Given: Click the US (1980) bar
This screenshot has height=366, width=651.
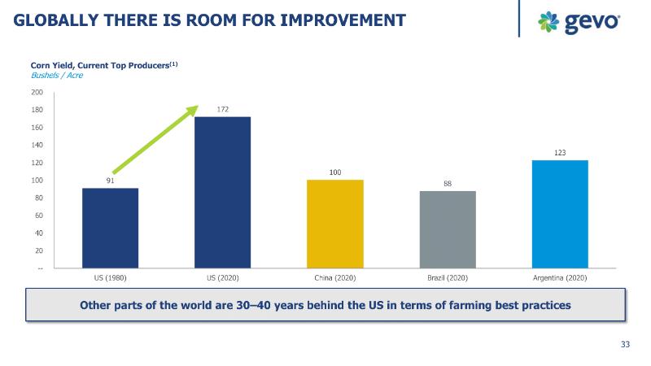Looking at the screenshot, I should click(110, 228).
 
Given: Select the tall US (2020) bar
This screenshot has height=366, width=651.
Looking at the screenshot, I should click(222, 192).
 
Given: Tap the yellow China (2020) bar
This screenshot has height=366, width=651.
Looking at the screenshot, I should click(334, 224).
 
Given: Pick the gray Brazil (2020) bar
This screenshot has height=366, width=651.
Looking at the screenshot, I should click(448, 229).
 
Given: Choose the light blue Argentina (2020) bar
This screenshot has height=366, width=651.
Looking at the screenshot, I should click(560, 214).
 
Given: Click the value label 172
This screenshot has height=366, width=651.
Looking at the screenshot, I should click(222, 109).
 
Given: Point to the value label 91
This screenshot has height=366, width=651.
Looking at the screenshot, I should click(110, 181).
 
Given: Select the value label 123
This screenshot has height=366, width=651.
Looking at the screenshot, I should click(560, 153).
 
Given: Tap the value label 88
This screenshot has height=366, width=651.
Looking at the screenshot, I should click(448, 184).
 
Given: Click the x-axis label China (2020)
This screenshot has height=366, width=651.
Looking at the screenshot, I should click(334, 278).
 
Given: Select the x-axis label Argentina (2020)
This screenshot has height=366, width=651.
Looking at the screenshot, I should click(560, 278).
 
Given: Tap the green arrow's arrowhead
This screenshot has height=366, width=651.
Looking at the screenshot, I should click(194, 108).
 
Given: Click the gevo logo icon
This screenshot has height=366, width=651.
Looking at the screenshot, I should click(548, 22).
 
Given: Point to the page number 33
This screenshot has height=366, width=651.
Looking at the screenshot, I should click(625, 345).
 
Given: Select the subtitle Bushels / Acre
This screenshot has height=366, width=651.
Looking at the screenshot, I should click(57, 75).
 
